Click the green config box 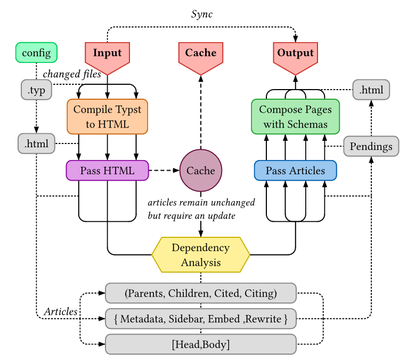(x=36, y=52)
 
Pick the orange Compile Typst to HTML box (x=107, y=117)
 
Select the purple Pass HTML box (x=107, y=171)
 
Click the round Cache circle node (x=201, y=171)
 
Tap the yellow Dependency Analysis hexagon (x=201, y=255)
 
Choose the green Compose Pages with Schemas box (x=295, y=117)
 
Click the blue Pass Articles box (x=295, y=171)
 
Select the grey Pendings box (x=371, y=146)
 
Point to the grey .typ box (x=36, y=90)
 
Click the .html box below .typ (x=36, y=143)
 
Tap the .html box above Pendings (x=371, y=90)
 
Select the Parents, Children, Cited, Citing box (x=201, y=293)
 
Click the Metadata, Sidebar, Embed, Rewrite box (x=201, y=319)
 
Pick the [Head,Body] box (x=201, y=344)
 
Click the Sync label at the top (x=202, y=14)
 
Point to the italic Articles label (x=61, y=311)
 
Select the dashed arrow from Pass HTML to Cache (x=164, y=171)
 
